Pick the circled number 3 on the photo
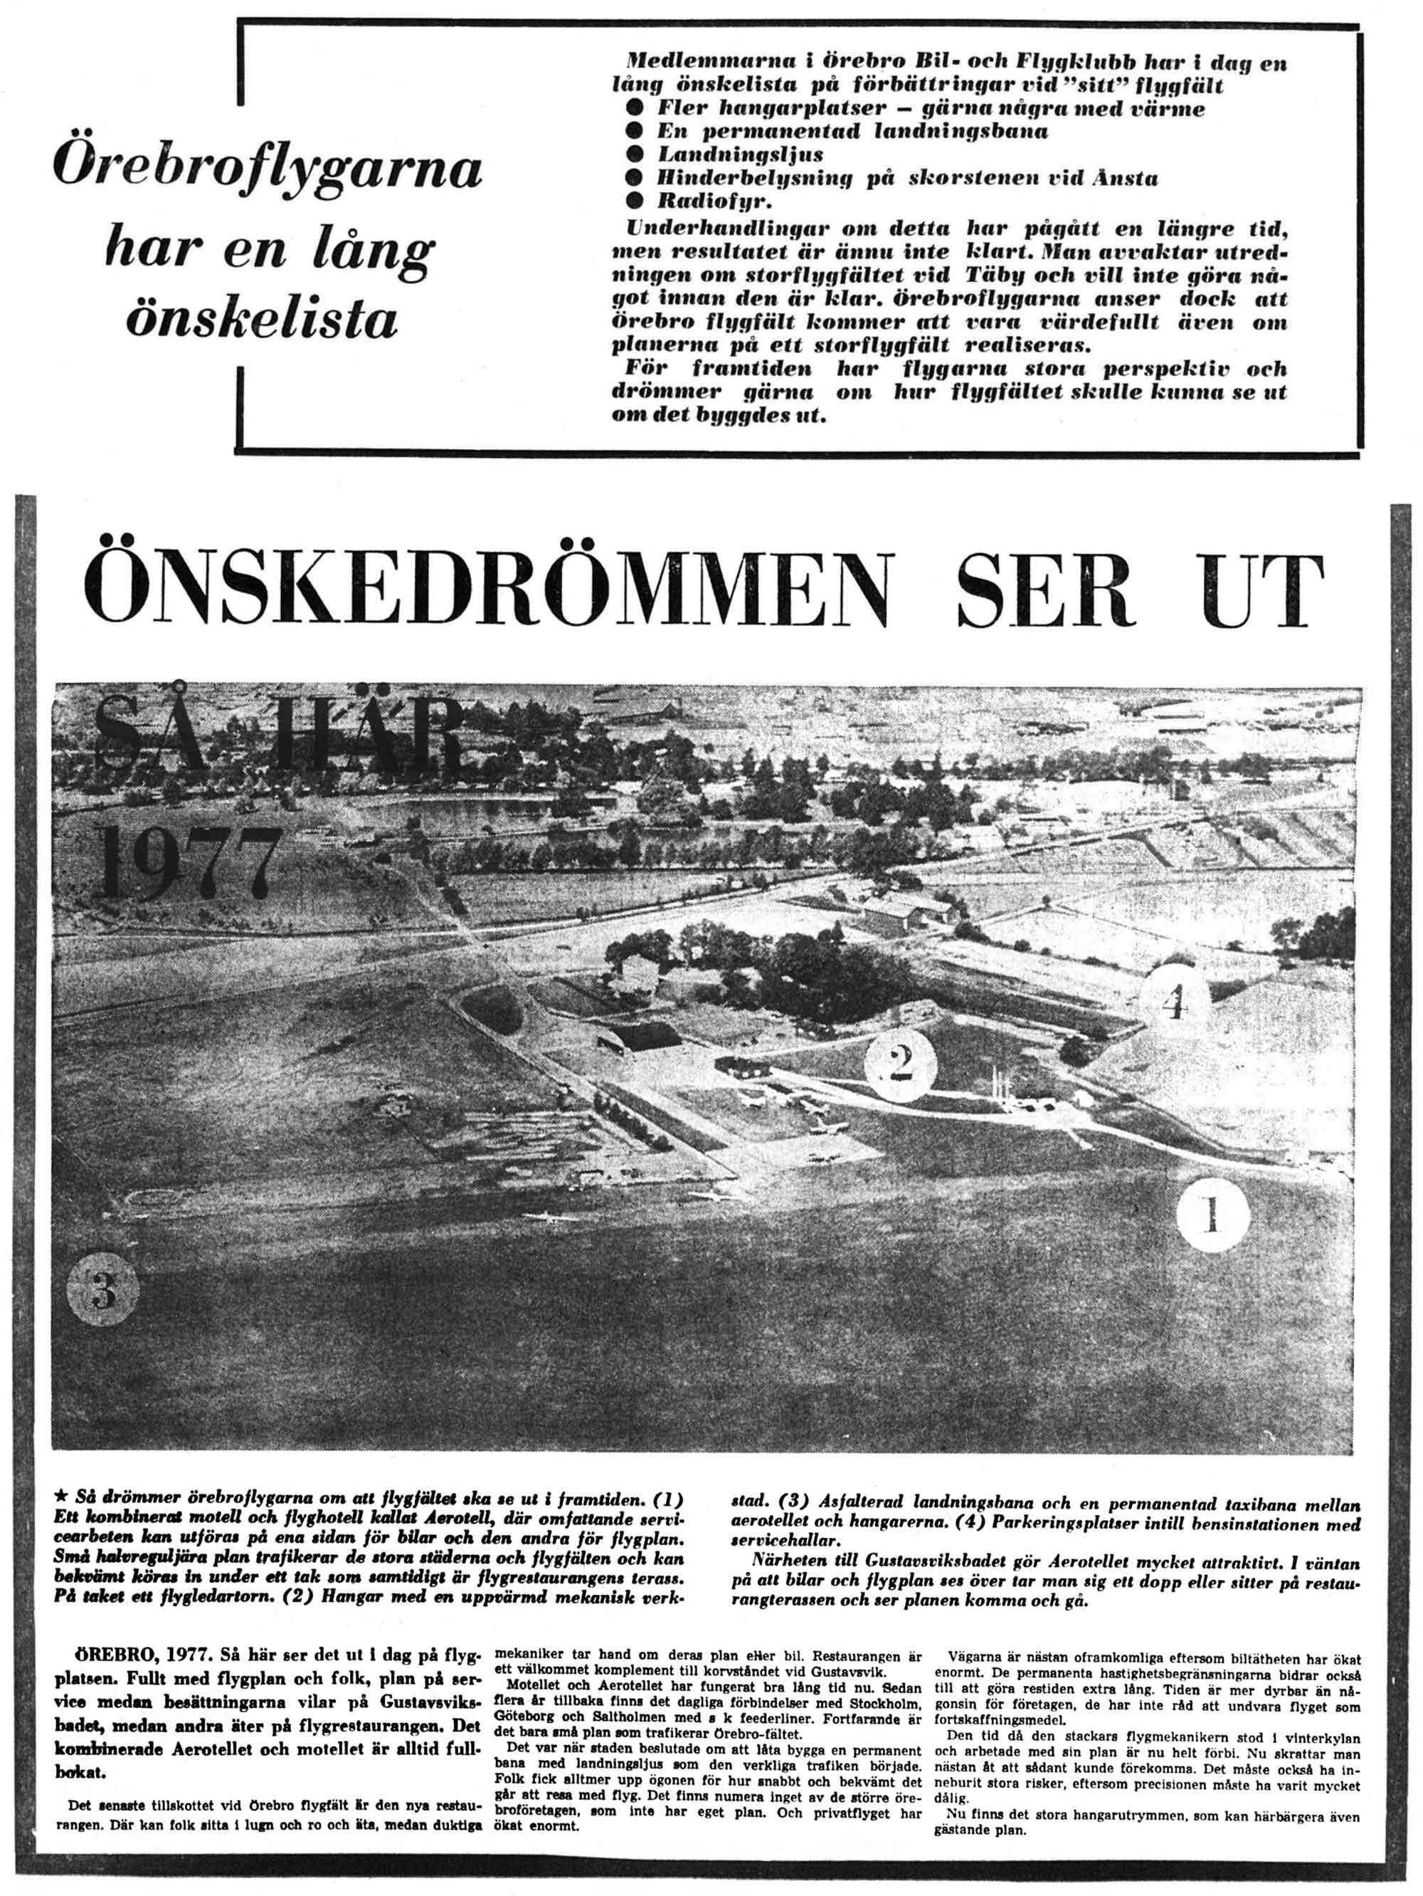point(102,1291)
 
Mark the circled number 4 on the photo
point(1174,1002)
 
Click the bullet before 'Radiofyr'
point(634,201)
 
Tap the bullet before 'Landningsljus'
point(634,155)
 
